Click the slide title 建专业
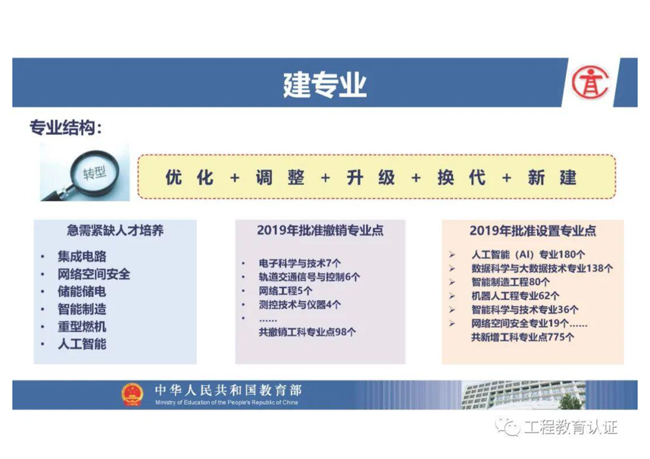pyautogui.click(x=324, y=85)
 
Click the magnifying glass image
pyautogui.click(x=85, y=172)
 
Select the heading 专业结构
pyautogui.click(x=65, y=127)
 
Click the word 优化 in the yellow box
pyautogui.click(x=189, y=178)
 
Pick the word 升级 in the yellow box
pyautogui.click(x=371, y=178)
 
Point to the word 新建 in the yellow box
pyautogui.click(x=552, y=178)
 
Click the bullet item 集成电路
pyautogui.click(x=82, y=256)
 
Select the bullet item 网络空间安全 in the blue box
pyautogui.click(x=94, y=274)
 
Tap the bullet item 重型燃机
pyautogui.click(x=82, y=326)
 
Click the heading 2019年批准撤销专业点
pyautogui.click(x=320, y=230)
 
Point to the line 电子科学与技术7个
pyautogui.click(x=300, y=263)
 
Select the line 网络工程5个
pyautogui.click(x=286, y=291)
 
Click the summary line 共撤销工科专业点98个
pyautogui.click(x=307, y=332)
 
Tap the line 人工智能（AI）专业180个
pyautogui.click(x=528, y=254)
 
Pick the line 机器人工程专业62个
pyautogui.click(x=515, y=296)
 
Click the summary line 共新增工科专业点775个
pyautogui.click(x=523, y=337)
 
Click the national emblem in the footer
pyautogui.click(x=132, y=394)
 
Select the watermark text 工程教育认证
pyautogui.click(x=571, y=427)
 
